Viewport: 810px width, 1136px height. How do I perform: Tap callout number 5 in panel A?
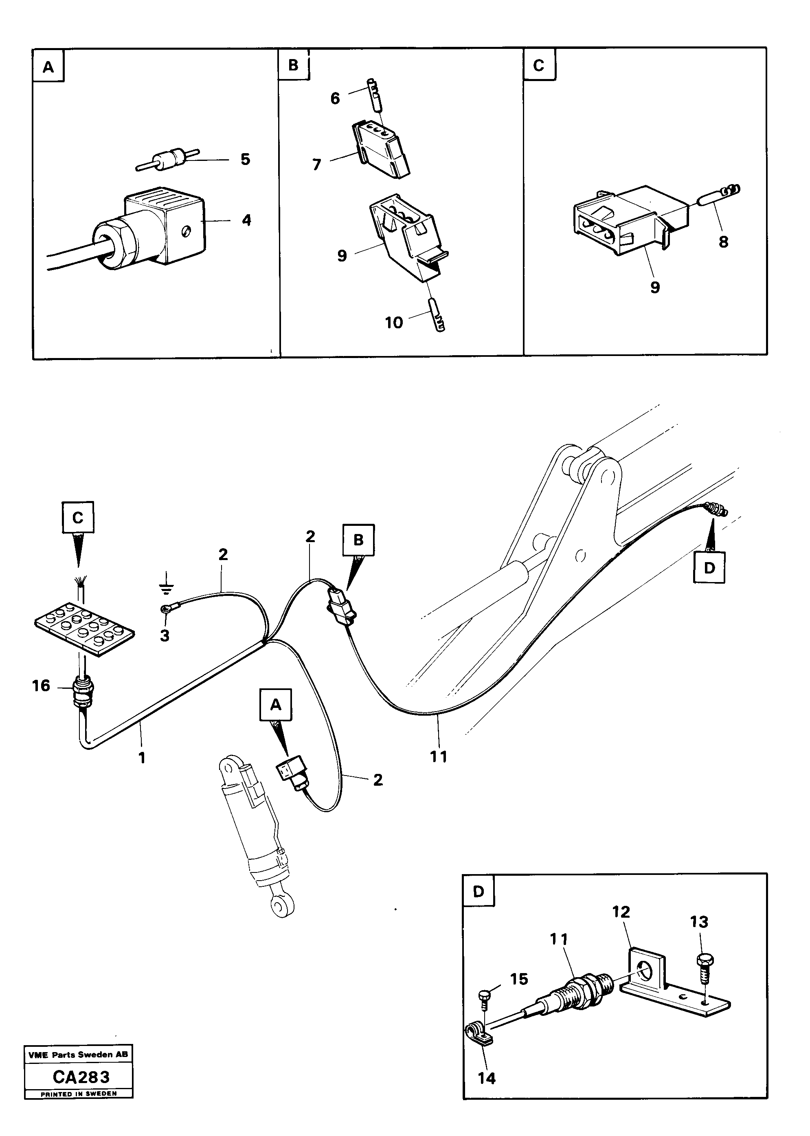pyautogui.click(x=245, y=159)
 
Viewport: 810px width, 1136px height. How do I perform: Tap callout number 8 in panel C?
pyautogui.click(x=723, y=242)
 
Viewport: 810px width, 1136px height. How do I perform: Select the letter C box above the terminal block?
pyautogui.click(x=78, y=518)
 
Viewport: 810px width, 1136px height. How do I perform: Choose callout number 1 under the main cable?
pyautogui.click(x=142, y=758)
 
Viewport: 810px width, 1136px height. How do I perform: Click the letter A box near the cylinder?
pyautogui.click(x=275, y=705)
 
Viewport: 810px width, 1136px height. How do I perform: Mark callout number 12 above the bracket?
pyautogui.click(x=621, y=912)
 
